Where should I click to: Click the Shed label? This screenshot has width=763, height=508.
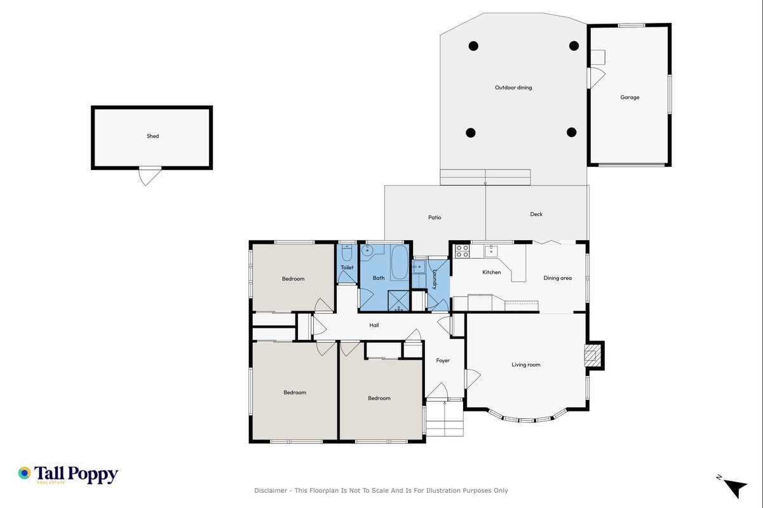click(x=152, y=136)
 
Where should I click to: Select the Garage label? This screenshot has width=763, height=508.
click(x=630, y=97)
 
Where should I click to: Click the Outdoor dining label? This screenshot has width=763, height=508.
click(x=513, y=88)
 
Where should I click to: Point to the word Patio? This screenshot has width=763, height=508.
click(x=435, y=217)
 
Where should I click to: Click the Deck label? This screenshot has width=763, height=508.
click(x=536, y=214)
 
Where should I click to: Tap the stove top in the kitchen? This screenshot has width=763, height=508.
click(x=463, y=251)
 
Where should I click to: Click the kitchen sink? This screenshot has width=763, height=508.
click(x=491, y=251)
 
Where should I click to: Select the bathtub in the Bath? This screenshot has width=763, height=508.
click(x=399, y=262)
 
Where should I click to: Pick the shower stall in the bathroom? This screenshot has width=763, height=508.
click(x=398, y=300)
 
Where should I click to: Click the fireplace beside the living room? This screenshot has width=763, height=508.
click(x=592, y=356)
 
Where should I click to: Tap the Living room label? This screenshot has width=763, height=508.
click(x=525, y=364)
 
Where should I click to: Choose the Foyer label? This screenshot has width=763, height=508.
click(x=443, y=360)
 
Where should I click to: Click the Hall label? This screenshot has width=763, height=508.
click(x=374, y=325)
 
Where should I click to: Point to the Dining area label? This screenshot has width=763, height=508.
click(x=557, y=278)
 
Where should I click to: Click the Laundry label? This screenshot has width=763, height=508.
click(x=435, y=279)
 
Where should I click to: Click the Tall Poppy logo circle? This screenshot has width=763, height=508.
click(x=24, y=473)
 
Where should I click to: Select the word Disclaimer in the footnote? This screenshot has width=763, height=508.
click(x=271, y=490)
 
